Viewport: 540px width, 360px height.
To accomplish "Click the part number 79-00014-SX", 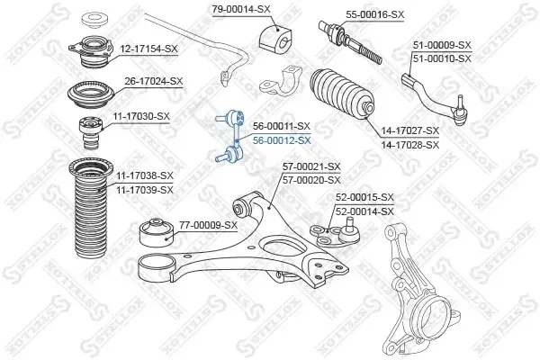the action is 241,9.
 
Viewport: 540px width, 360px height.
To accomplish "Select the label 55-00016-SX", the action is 375,14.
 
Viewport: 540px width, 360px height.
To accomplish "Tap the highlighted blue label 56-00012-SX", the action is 282,140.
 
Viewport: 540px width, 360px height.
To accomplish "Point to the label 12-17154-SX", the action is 148,49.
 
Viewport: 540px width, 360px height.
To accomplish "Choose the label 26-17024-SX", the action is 154,81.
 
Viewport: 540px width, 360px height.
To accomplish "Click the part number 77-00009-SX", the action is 208,225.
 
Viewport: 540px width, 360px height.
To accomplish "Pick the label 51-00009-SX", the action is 442,45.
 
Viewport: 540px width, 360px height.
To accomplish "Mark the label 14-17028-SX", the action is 410,145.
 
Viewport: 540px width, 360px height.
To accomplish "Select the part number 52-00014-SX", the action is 364,211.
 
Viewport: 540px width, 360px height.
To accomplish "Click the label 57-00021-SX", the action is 311,167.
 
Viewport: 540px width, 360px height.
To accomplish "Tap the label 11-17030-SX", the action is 141,116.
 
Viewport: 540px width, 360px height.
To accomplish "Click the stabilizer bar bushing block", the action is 276,38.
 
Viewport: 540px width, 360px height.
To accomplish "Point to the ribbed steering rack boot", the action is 341,93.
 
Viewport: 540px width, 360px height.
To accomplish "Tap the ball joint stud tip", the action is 350,220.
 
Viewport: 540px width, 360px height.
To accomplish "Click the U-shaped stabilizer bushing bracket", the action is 281,82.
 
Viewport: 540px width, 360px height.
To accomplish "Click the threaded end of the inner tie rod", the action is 370,54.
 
